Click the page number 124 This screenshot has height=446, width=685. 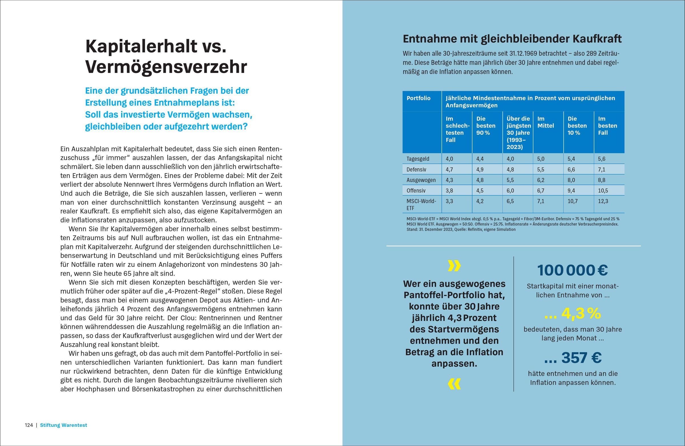(29, 425)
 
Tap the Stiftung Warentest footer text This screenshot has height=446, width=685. (63, 425)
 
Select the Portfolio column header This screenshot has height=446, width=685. (418, 98)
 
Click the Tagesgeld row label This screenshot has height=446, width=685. (418, 159)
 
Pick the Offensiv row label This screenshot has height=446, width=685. (416, 191)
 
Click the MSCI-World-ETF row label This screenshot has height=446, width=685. (421, 204)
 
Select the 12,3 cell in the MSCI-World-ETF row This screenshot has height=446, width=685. (603, 201)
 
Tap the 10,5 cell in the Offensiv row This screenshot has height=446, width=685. (603, 191)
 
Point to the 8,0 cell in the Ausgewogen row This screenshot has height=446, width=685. (571, 180)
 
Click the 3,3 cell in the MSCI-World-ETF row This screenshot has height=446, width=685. (449, 201)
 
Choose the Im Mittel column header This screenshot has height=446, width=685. (545, 122)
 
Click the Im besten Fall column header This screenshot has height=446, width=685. (607, 126)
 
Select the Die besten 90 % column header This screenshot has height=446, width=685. (486, 126)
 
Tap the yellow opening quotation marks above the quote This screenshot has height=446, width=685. (454, 266)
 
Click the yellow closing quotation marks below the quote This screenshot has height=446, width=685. (454, 384)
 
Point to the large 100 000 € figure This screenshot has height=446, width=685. (573, 270)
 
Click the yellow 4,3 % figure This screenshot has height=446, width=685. (573, 314)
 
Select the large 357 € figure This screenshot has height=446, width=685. (573, 358)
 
